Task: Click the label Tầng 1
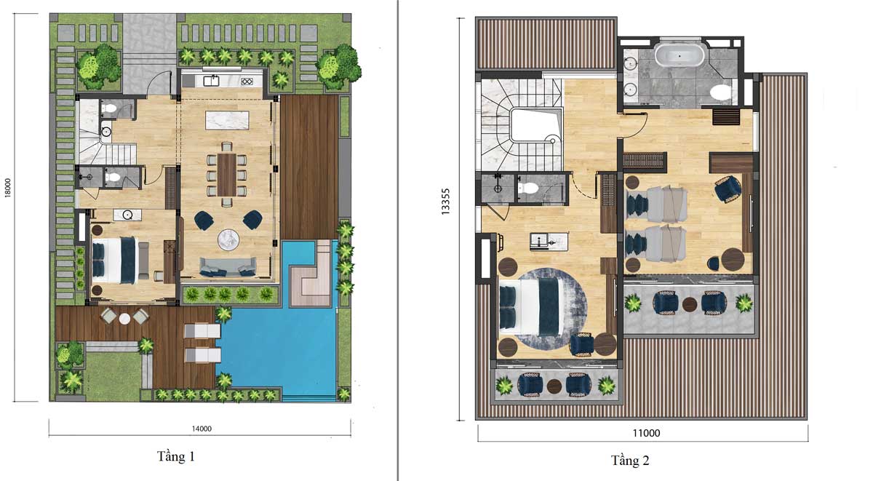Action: [175, 456]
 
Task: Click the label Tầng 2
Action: [630, 461]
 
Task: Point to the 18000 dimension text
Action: [8, 188]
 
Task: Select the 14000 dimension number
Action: [202, 429]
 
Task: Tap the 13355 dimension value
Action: [445, 202]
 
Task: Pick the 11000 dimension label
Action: [646, 433]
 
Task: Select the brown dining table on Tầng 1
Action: [227, 175]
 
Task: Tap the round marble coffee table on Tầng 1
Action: [228, 239]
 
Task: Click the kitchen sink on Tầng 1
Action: [211, 82]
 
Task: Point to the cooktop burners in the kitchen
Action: [247, 82]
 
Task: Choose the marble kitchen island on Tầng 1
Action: [227, 121]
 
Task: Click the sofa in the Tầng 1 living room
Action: [228, 267]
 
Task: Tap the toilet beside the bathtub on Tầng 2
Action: [721, 92]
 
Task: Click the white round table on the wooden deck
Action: [124, 319]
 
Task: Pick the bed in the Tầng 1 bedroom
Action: [115, 260]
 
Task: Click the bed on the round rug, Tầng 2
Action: [532, 308]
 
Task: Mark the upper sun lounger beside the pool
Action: [202, 331]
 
